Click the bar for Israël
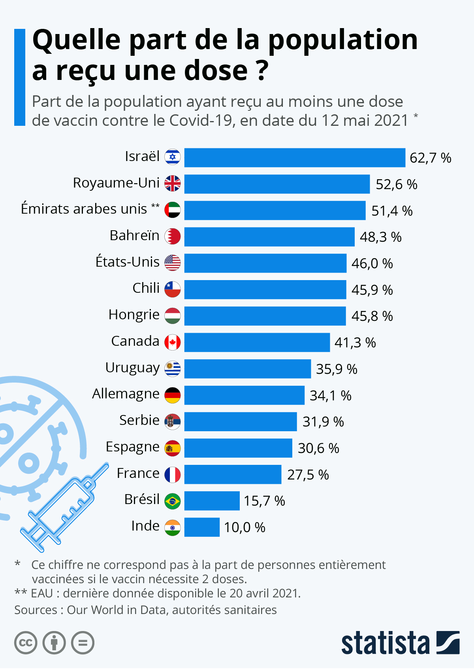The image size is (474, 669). pos(295,157)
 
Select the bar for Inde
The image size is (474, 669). pos(202,527)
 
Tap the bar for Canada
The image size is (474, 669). pos(257,342)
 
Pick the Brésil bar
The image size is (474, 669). pos(212,501)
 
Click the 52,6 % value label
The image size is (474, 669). pos(396,184)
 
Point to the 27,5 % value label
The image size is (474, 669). pos(308,474)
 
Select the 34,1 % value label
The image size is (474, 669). pos(330,395)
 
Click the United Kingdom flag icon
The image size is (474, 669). pos(173,184)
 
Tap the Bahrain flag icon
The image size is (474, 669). pos(173,236)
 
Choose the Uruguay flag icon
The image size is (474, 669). pos(173,369)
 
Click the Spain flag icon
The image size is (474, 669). pos(173,448)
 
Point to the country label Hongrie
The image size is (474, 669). pos(134,315)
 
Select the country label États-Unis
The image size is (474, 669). pos(127,262)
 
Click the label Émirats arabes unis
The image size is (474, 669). pos(84,209)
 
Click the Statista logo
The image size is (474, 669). pos(400,643)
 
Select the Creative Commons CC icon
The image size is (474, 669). pos(26,642)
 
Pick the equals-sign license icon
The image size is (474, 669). pos(83,642)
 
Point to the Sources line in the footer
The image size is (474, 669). pos(145,610)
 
